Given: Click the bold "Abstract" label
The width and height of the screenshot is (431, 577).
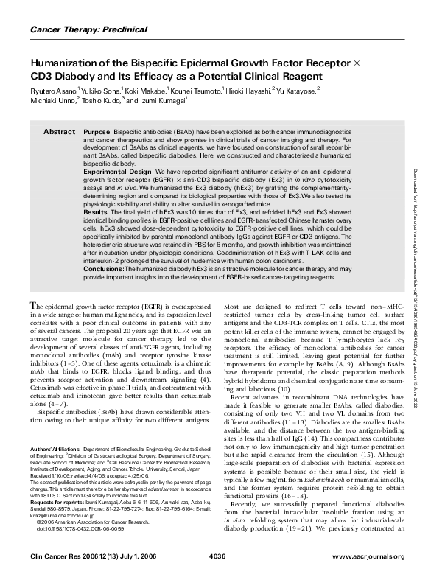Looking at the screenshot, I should [59, 131].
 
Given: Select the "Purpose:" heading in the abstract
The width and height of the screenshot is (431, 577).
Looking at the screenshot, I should [98, 131].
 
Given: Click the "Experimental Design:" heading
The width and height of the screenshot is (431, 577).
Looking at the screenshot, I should [116, 169].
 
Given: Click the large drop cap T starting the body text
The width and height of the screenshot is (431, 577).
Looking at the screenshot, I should [33, 326].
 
